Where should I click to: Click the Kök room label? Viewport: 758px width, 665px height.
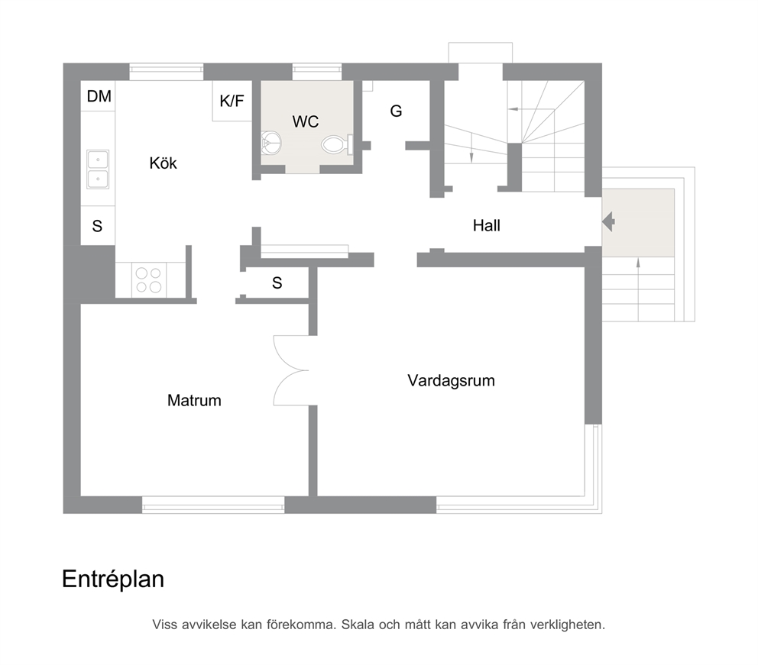(x=163, y=163)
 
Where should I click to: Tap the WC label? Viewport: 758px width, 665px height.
(x=306, y=121)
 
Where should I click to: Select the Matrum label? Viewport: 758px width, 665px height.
(x=194, y=400)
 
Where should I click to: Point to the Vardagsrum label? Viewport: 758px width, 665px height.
(x=451, y=380)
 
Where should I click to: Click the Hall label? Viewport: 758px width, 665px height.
(x=486, y=225)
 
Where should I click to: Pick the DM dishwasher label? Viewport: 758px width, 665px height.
(x=99, y=97)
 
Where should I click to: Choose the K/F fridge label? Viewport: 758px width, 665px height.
(x=232, y=101)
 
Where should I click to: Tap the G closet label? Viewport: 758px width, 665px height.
(x=396, y=111)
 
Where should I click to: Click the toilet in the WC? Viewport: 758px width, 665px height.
(x=337, y=144)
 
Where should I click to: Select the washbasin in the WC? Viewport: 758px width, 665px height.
(x=270, y=143)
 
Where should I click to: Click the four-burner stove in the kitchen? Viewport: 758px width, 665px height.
(x=148, y=280)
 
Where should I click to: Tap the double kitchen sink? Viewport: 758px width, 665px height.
(x=98, y=169)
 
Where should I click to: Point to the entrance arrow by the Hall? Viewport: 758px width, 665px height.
(x=608, y=222)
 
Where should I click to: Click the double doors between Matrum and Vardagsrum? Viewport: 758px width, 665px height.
(x=290, y=371)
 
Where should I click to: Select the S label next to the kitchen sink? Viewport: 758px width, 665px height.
(x=97, y=226)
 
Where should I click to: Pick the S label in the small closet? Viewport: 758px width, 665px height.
(x=277, y=283)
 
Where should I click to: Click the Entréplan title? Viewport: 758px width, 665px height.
(x=113, y=579)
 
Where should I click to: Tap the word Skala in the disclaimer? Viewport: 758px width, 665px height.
(x=358, y=625)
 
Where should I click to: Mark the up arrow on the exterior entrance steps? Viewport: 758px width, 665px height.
(x=638, y=290)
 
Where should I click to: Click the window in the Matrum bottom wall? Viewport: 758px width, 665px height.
(x=213, y=505)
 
